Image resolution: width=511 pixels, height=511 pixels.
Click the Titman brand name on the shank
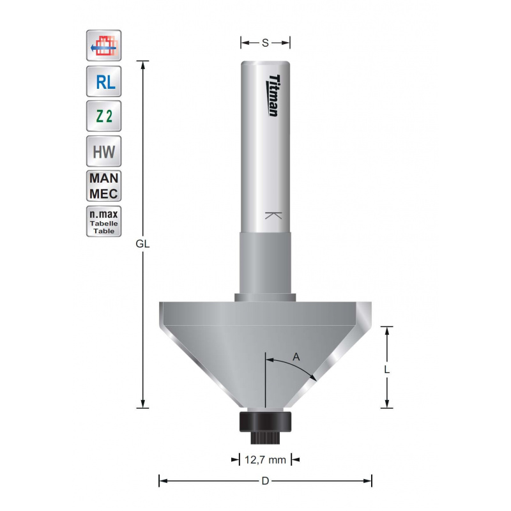tap(271, 96)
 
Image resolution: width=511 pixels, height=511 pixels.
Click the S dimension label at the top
tap(265, 43)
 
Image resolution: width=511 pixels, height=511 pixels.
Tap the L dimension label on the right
tap(386, 369)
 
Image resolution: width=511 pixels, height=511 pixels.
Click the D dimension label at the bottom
tap(265, 480)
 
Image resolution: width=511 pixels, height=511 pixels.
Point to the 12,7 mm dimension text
tap(265, 459)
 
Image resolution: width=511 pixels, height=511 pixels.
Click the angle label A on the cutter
tap(296, 357)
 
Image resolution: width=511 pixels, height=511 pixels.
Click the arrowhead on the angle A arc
tap(312, 378)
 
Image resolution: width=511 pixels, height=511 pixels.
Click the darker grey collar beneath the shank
tap(265, 262)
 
